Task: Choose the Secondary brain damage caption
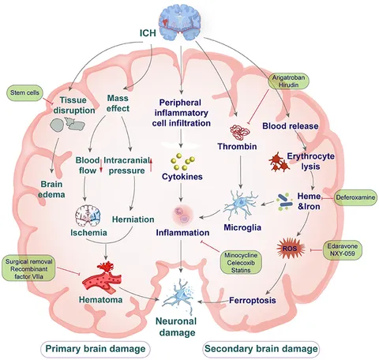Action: click(264, 348)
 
